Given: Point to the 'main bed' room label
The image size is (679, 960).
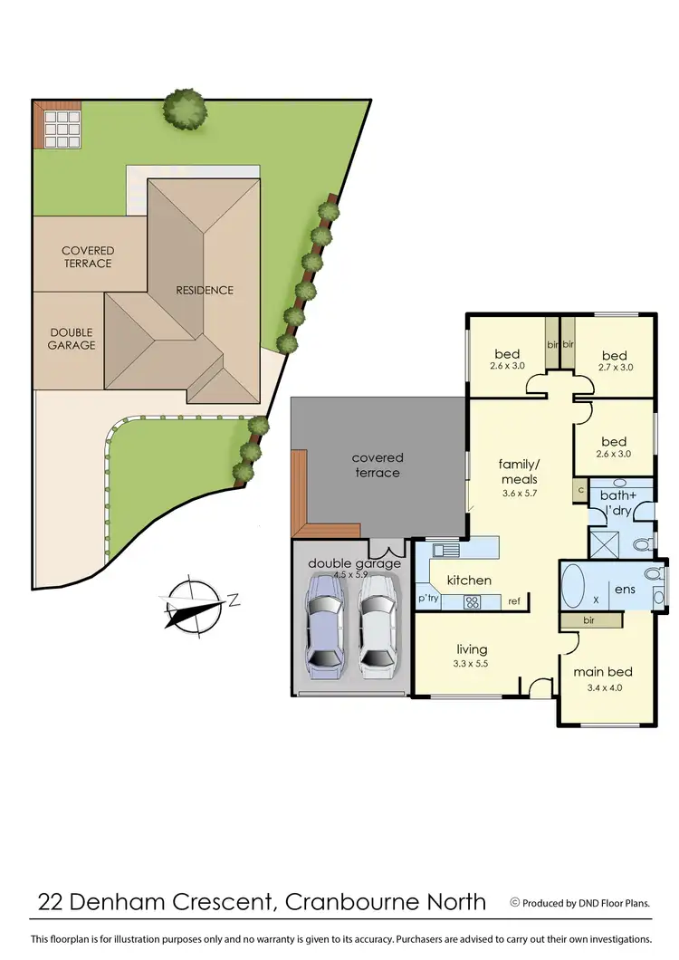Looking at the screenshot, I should tap(603, 672).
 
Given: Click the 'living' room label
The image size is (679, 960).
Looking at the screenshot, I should tap(472, 649).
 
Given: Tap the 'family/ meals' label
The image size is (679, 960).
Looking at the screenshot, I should tap(519, 471).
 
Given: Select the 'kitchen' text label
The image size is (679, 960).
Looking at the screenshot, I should tap(469, 580).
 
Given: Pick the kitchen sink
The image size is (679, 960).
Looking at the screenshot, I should tap(445, 549).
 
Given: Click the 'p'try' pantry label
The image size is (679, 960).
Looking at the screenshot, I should tap(428, 600).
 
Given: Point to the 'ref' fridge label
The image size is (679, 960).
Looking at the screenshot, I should tap(514, 601).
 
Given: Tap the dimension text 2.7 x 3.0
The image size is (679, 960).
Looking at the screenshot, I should tap(615, 368).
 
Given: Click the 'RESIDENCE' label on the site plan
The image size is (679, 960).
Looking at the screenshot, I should tap(205, 290).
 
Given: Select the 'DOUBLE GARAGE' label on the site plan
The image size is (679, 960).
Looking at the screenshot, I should tap(72, 339).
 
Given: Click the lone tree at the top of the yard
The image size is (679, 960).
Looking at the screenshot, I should tap(185, 109).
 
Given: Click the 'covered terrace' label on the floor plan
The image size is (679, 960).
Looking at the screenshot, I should tap(378, 465).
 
